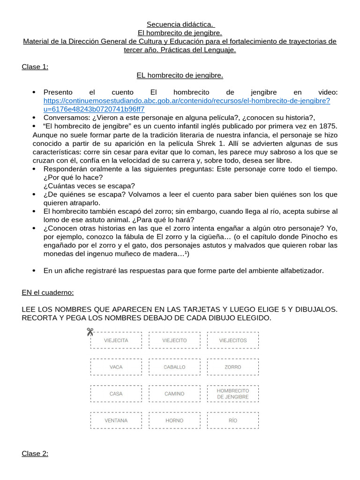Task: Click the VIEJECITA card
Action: pos(116,340)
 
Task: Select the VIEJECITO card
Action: pos(174,340)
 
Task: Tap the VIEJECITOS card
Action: pos(233,340)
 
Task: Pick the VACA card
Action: pos(116,367)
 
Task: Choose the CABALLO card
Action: pos(174,367)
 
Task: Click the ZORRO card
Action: pos(233,367)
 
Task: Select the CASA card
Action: pos(116,394)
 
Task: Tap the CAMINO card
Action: pos(174,394)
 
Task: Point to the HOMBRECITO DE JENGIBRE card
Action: pos(233,394)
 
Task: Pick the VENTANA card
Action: pos(116,420)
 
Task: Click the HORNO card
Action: pos(174,420)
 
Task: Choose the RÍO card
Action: pos(233,420)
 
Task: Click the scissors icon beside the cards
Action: pos(90,332)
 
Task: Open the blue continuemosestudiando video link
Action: pos(187,101)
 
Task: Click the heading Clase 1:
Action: pos(35,67)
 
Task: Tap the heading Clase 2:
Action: pos(35,454)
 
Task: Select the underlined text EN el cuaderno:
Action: pos(48,292)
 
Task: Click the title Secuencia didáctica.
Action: pos(180,24)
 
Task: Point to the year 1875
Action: pos(328,127)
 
